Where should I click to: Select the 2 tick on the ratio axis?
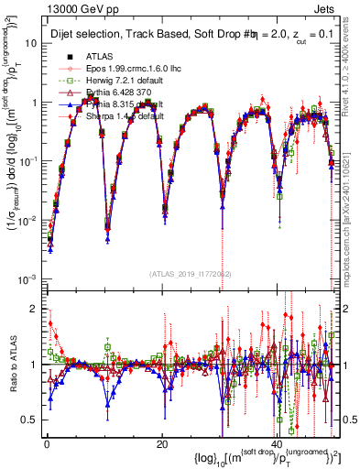(x=35, y=309)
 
